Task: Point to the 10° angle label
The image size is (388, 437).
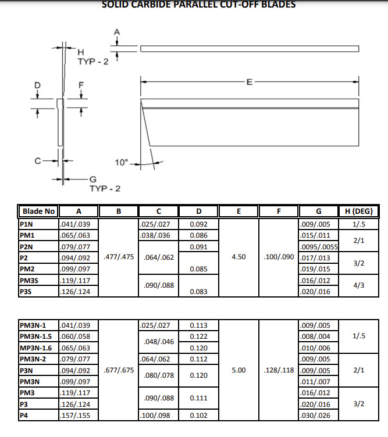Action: click(x=121, y=163)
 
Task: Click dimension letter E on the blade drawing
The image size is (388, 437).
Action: click(x=250, y=82)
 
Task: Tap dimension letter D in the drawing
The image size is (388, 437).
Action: click(x=38, y=85)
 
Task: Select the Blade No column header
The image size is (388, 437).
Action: click(x=38, y=211)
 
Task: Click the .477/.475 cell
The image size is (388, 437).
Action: click(x=119, y=257)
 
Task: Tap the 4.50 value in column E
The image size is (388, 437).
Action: click(x=239, y=257)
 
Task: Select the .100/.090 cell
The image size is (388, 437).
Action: click(x=279, y=257)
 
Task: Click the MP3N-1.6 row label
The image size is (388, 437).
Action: click(x=39, y=348)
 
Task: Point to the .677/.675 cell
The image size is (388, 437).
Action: click(x=119, y=370)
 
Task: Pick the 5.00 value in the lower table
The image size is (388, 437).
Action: click(x=239, y=370)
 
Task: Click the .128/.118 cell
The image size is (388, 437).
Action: click(x=279, y=370)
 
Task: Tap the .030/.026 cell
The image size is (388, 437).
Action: click(x=314, y=415)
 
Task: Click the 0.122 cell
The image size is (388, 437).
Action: click(x=200, y=336)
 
